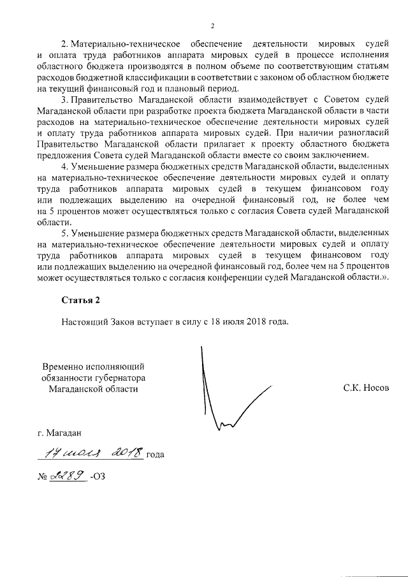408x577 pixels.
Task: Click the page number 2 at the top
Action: pos(213,26)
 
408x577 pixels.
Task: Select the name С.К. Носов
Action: pos(365,387)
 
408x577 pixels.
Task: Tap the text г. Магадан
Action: pos(60,434)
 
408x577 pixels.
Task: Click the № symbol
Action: pos(43,476)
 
